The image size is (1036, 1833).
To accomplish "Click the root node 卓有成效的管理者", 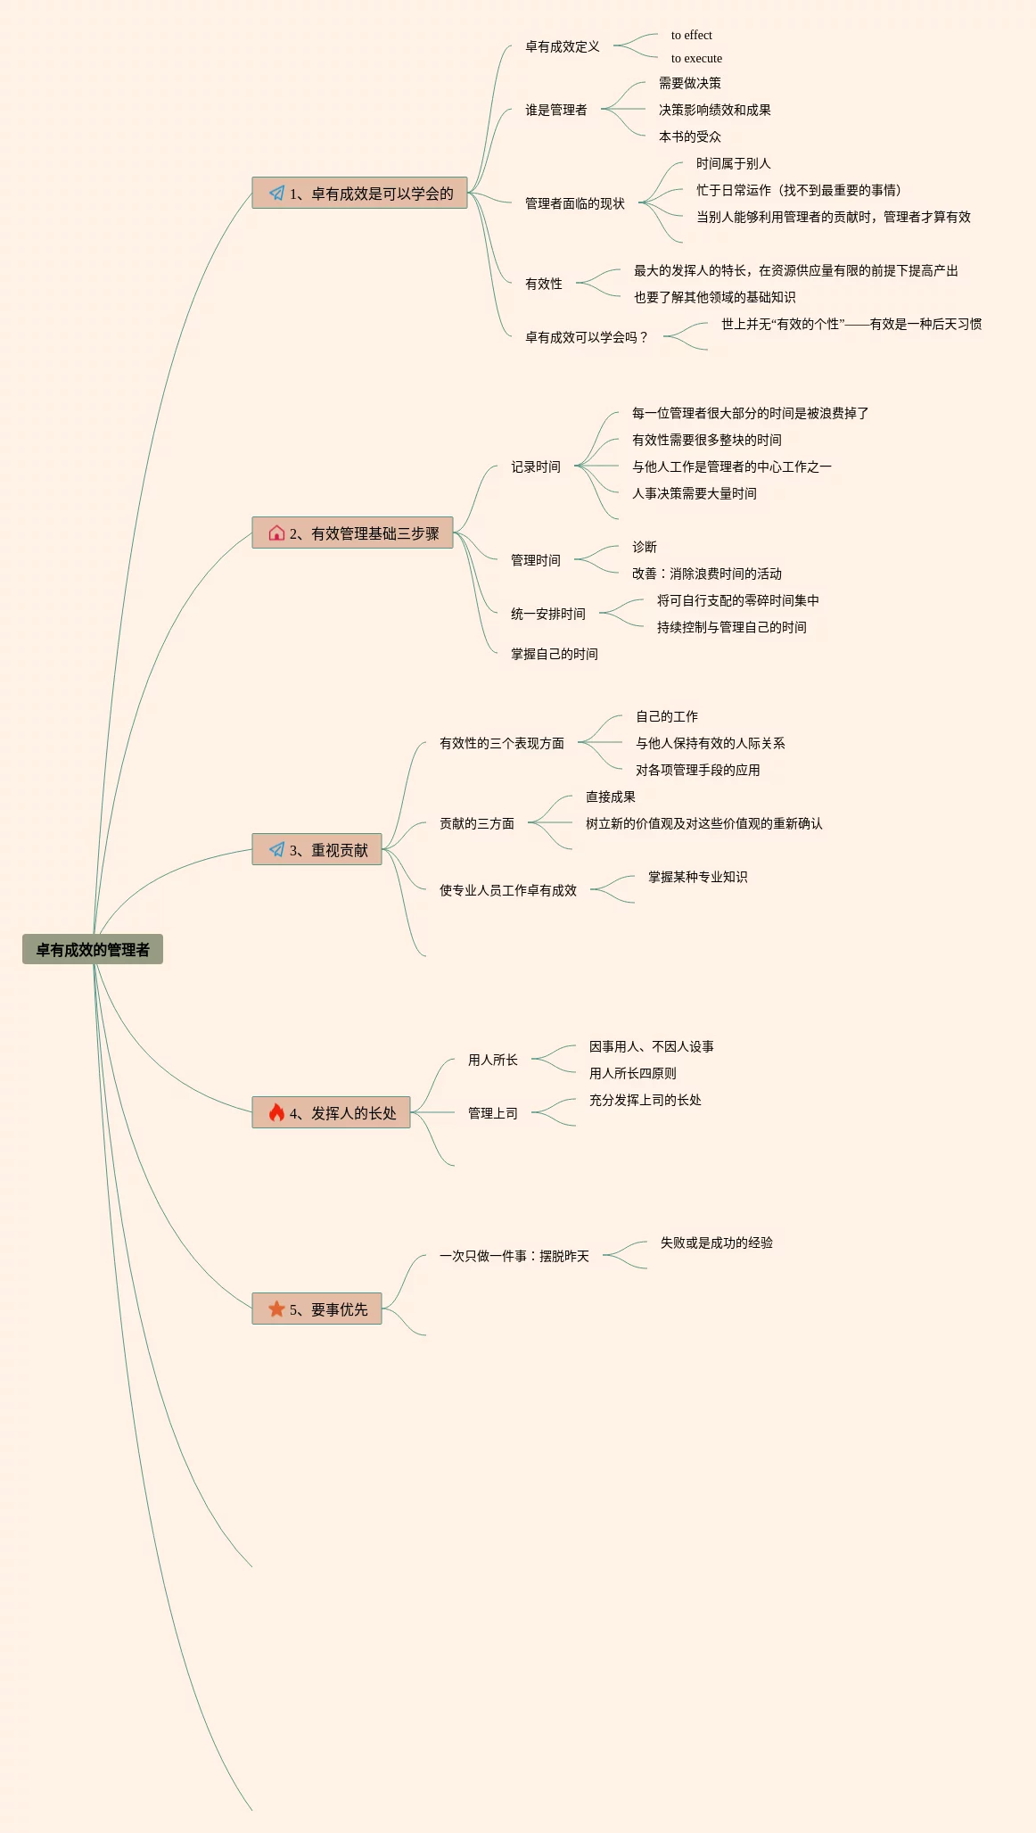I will [x=93, y=949].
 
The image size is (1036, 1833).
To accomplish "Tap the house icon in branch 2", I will [x=276, y=533].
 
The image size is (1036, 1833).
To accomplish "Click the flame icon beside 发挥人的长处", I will [x=276, y=1112].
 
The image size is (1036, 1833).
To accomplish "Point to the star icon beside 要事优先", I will [x=276, y=1309].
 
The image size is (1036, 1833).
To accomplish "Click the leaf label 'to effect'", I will [x=691, y=36].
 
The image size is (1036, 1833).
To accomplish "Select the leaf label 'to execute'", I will [x=696, y=59].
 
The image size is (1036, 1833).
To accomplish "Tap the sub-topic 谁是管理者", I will [x=555, y=110].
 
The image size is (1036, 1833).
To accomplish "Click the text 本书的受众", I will [x=689, y=136].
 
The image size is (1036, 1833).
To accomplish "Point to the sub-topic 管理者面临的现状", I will [x=574, y=203].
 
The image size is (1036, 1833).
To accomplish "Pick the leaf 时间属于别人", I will [x=733, y=163].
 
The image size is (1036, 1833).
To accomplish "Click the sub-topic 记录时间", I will [x=535, y=467].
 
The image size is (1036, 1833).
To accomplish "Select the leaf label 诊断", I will [x=644, y=547].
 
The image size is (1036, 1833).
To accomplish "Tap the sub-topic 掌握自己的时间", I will [x=554, y=654].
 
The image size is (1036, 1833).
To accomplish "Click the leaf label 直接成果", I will [x=610, y=797].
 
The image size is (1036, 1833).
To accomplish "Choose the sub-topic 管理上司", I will [x=492, y=1113].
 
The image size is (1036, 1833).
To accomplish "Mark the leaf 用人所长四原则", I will [x=632, y=1073].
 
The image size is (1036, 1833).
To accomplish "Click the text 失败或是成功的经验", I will [x=716, y=1243].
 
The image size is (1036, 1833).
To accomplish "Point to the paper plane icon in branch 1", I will [x=276, y=193].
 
